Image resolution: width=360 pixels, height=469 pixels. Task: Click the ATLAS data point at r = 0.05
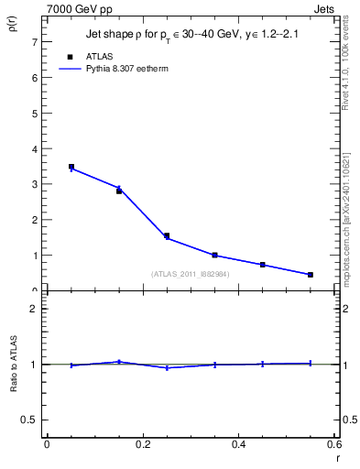tap(71, 167)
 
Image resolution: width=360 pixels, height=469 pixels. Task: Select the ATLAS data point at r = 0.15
tap(119, 191)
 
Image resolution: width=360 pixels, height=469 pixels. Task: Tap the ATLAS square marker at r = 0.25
tap(167, 235)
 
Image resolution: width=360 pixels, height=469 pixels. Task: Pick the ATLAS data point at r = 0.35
tap(214, 256)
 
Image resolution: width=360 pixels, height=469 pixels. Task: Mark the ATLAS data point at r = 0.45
tap(263, 265)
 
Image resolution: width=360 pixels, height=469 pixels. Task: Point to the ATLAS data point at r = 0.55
tap(311, 275)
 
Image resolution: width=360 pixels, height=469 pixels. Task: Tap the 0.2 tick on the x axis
tap(142, 445)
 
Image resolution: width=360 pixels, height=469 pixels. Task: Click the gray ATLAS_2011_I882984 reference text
tap(191, 274)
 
